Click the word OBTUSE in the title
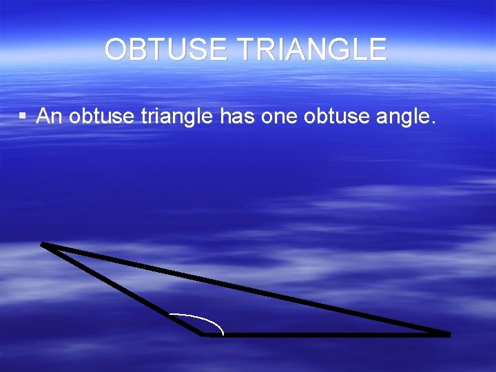[162, 50]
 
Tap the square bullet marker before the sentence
[23, 117]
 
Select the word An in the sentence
[50, 117]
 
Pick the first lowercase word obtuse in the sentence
[102, 117]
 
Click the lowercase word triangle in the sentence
[178, 117]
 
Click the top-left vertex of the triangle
[43, 243]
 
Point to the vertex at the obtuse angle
[203, 335]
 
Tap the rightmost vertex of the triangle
[448, 335]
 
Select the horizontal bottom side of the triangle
[324, 335]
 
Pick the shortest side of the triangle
[123, 289]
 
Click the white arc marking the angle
[207, 318]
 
